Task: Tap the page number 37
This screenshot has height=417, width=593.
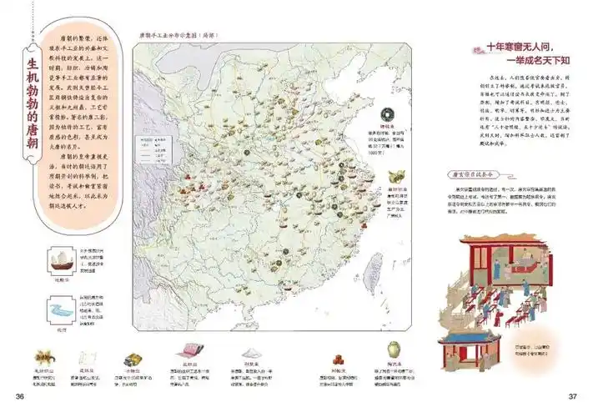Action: (573, 395)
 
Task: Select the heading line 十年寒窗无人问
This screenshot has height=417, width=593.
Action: (516, 48)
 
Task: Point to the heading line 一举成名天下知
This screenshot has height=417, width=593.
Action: (517, 63)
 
